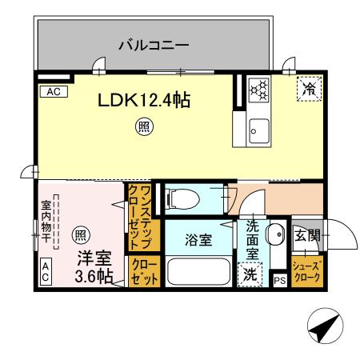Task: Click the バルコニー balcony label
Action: point(154,45)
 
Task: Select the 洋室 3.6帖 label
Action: point(94,268)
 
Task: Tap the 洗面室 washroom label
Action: point(251,238)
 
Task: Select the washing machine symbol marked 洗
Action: point(250,272)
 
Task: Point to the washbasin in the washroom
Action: point(274,235)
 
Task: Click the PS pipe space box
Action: point(279,281)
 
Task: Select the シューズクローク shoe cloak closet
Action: point(306,272)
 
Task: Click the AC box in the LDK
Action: point(53,92)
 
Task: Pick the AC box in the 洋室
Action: point(46,272)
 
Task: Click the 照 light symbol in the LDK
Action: point(143,126)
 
